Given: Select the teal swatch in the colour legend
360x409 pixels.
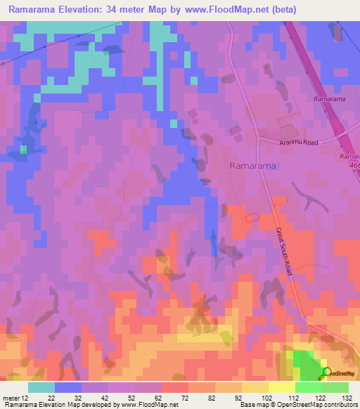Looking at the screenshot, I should point(41,387).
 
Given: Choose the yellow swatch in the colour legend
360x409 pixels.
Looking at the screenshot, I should point(281,387).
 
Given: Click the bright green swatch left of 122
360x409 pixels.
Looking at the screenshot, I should point(308,387).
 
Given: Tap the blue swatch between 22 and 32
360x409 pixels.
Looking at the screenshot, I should point(68,387).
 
